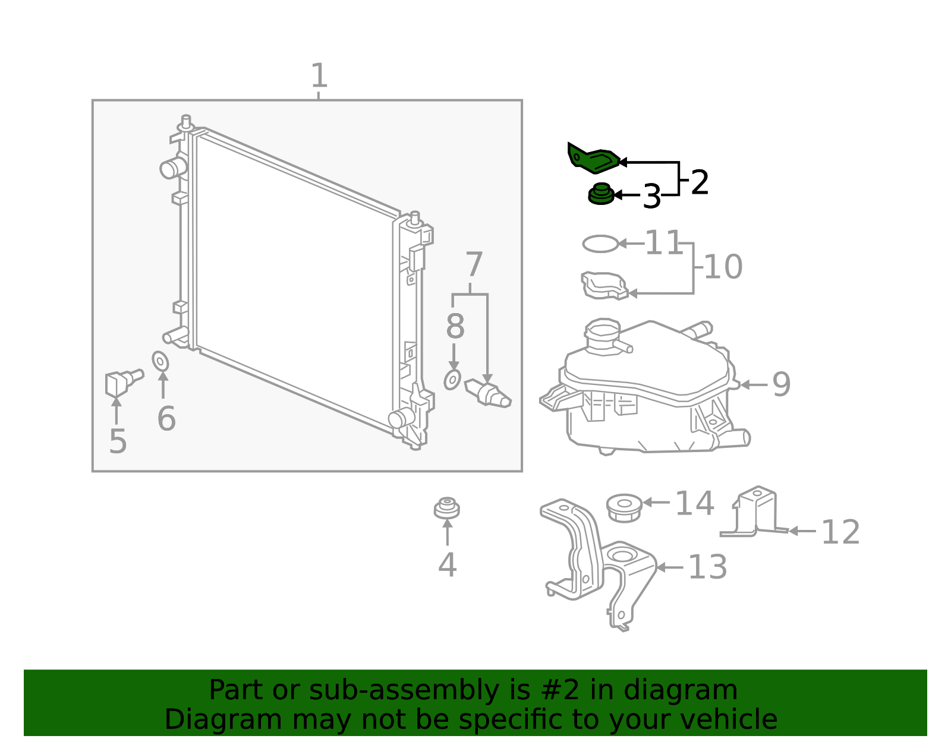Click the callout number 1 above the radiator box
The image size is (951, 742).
[x=319, y=76]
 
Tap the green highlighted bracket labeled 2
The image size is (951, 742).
[x=593, y=159]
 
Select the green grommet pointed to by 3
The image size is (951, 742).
[x=600, y=195]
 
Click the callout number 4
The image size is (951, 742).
[x=447, y=564]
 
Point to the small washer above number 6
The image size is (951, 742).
[x=160, y=361]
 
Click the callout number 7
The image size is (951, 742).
[x=474, y=265]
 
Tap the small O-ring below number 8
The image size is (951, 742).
[x=452, y=379]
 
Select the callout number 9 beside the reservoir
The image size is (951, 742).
[x=781, y=384]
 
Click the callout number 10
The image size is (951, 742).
[x=723, y=267]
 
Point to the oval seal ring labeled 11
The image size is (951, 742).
[x=600, y=244]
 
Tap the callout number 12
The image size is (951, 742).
[x=840, y=532]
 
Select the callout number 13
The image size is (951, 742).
[x=707, y=567]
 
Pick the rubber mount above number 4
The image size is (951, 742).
[x=446, y=509]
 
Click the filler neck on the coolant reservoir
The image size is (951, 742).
[x=602, y=336]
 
